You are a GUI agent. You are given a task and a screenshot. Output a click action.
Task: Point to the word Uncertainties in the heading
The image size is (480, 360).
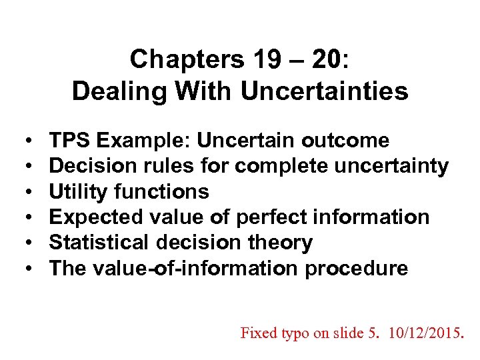tap(324, 91)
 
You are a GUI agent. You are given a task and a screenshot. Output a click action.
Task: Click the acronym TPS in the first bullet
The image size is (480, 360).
tap(70, 141)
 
